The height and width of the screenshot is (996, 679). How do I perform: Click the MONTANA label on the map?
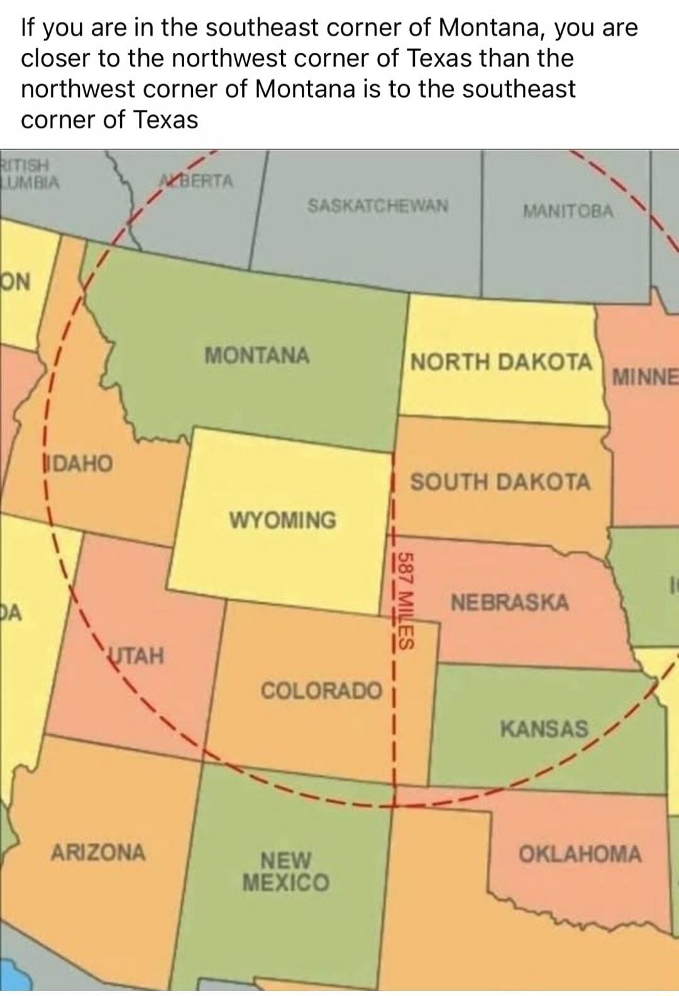(x=257, y=356)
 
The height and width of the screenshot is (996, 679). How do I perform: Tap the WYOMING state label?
(x=283, y=520)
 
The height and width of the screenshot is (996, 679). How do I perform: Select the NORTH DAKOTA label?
(x=501, y=363)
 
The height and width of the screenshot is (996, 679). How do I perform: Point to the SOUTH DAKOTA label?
(x=500, y=482)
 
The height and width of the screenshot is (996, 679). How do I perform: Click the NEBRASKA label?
(x=510, y=603)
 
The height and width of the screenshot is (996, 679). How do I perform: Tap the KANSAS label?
(x=544, y=729)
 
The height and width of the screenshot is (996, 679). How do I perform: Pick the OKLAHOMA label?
(x=580, y=854)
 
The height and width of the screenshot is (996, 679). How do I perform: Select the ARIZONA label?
(x=98, y=853)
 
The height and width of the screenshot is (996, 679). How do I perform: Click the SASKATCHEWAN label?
(x=378, y=205)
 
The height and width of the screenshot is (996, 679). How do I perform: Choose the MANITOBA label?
(x=568, y=212)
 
